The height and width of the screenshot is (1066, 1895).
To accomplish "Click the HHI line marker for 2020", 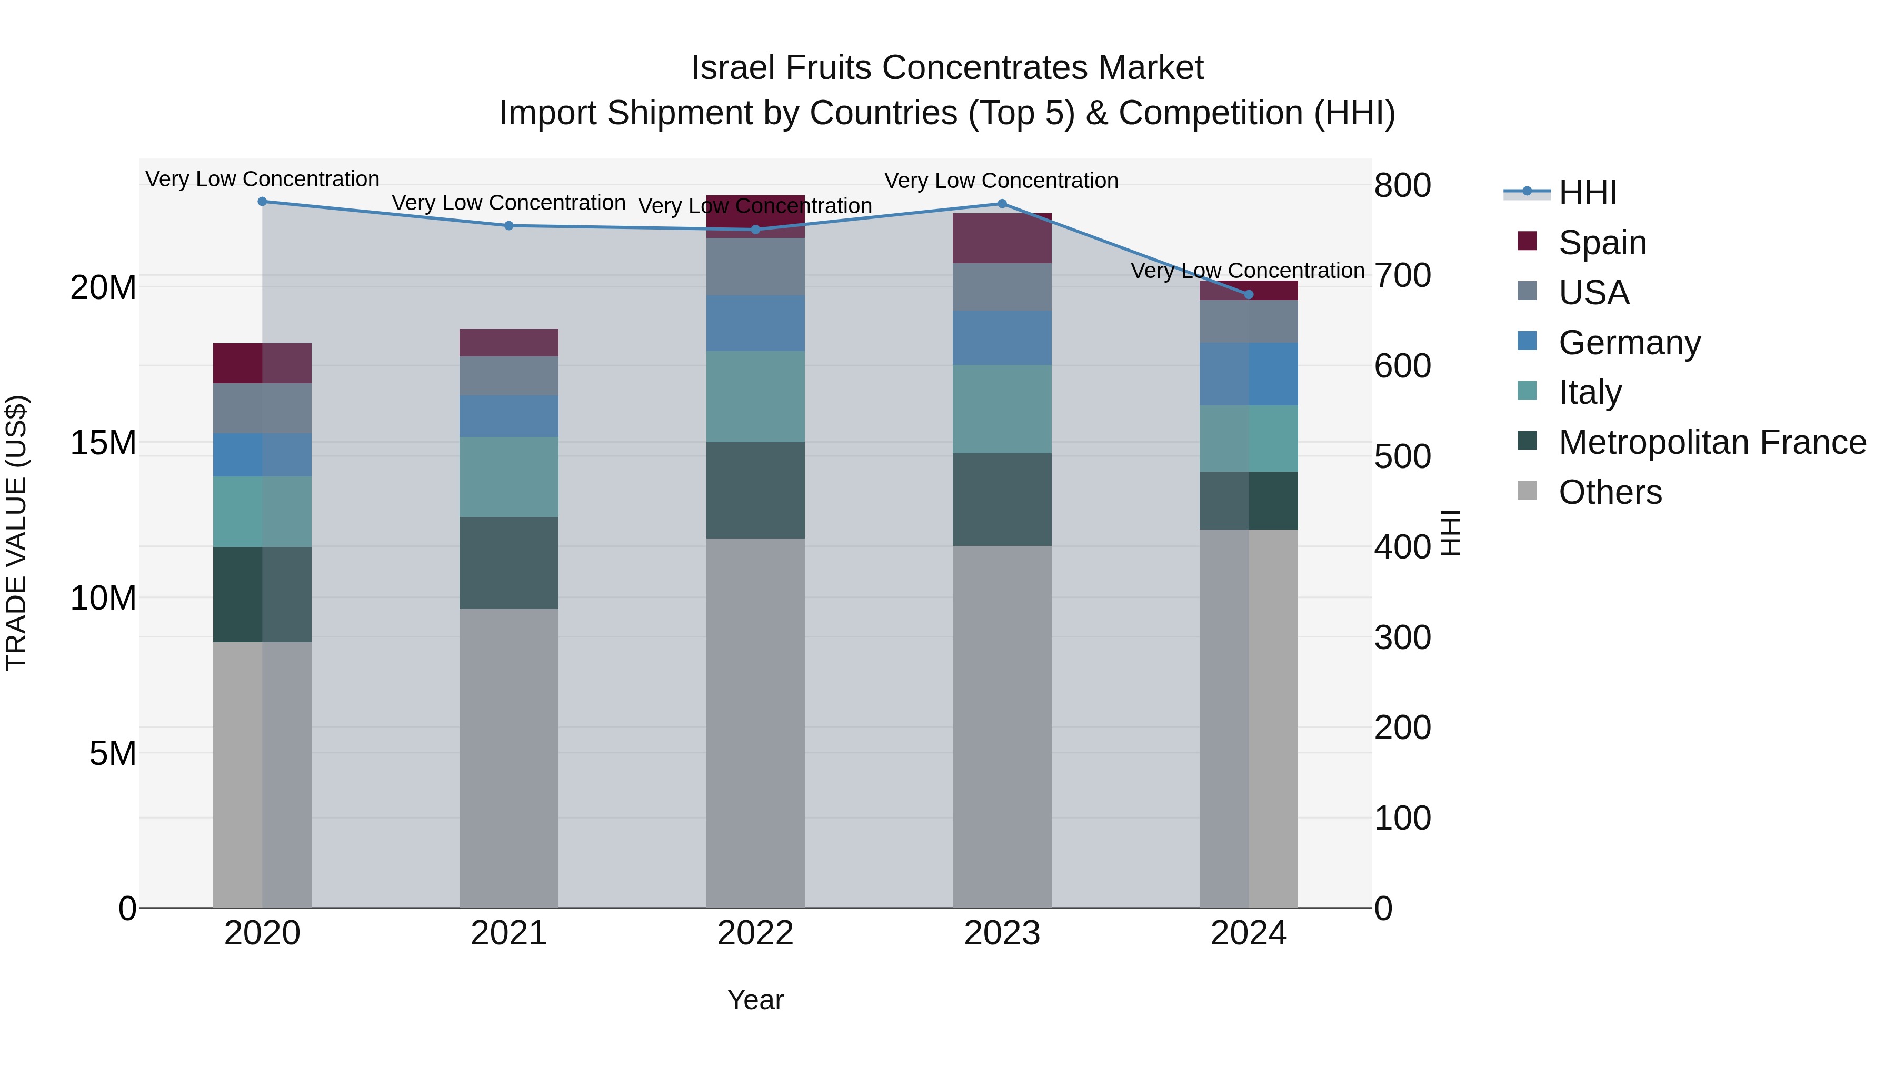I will [x=262, y=202].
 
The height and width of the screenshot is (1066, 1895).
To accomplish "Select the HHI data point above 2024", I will [x=1249, y=294].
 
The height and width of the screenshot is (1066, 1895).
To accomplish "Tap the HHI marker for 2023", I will [x=1002, y=204].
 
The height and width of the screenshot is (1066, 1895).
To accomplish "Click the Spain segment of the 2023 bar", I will [x=1002, y=238].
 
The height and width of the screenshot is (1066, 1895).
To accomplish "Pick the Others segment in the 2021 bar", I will [x=508, y=758].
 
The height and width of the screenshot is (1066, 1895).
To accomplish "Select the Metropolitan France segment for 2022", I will [x=755, y=490].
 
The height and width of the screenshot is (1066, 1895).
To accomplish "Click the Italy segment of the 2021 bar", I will [x=508, y=477].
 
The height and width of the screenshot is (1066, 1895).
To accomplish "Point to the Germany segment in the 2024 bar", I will [x=1249, y=374].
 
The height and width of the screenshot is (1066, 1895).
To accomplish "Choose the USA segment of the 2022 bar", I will [x=755, y=266].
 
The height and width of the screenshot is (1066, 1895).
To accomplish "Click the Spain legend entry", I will [x=1602, y=242].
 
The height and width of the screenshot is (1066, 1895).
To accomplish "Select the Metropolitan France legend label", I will [x=1712, y=442].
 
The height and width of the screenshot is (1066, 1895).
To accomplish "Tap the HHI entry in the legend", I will [x=1588, y=193].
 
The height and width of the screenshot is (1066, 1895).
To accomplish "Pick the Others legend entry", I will [x=1610, y=492].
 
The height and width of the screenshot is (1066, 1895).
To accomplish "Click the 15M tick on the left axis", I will [x=103, y=443].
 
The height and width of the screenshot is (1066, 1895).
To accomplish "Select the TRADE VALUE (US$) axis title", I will [x=16, y=533].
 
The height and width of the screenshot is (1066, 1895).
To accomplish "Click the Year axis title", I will [x=755, y=1000].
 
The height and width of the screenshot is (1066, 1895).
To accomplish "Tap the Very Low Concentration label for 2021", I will [x=508, y=203].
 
